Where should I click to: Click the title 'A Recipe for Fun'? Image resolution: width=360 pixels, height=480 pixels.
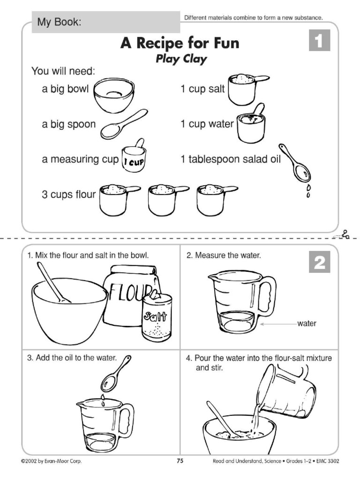coord(180,44)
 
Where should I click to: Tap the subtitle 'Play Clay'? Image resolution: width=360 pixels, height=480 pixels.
coord(180,60)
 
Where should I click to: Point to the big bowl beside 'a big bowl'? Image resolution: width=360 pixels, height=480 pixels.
coord(114,96)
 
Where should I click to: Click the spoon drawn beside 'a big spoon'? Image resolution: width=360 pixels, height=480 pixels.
coord(123,124)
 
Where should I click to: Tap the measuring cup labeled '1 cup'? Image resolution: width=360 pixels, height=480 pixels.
coord(134,158)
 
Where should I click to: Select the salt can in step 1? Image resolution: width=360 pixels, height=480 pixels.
coord(157,316)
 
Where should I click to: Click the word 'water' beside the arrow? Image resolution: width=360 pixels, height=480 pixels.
coord(307,323)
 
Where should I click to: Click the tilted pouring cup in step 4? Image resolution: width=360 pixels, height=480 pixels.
coord(287,391)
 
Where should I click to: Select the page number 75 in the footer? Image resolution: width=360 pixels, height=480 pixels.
coord(180,461)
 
